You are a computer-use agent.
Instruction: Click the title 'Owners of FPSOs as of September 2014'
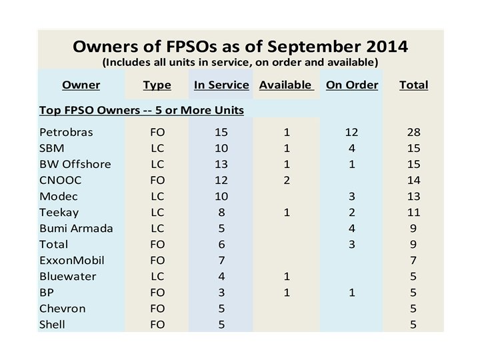[240, 47]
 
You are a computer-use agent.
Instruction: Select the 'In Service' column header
[221, 85]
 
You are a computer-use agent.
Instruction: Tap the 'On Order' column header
[352, 85]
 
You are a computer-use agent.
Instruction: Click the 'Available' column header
[285, 85]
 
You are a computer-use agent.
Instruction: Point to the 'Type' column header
[157, 85]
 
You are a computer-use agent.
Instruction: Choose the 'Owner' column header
[81, 85]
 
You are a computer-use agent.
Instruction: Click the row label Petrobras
[66, 132]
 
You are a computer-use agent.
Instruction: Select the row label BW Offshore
[75, 164]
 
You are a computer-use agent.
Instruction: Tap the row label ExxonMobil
[72, 260]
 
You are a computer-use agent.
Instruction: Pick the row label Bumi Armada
[76, 228]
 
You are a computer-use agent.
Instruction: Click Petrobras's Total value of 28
[413, 132]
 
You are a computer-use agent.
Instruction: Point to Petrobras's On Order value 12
[352, 132]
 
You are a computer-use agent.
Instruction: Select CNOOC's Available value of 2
[285, 180]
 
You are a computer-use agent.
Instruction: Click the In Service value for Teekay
[221, 212]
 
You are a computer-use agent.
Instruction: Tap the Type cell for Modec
[157, 196]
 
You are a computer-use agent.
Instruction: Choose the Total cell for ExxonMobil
[413, 260]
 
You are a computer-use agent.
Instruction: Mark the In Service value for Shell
[221, 324]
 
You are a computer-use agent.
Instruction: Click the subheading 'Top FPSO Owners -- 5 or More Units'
[141, 109]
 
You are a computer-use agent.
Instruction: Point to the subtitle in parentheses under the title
[240, 63]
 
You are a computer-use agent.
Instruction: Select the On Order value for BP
[352, 292]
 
